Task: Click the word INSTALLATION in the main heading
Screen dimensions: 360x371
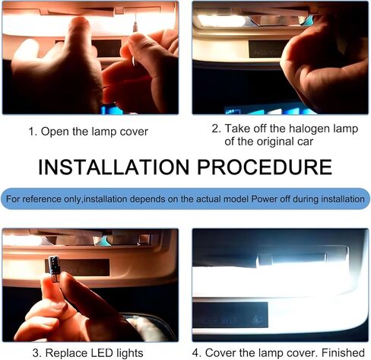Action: (x=115, y=167)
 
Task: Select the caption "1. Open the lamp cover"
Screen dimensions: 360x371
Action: (x=88, y=131)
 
